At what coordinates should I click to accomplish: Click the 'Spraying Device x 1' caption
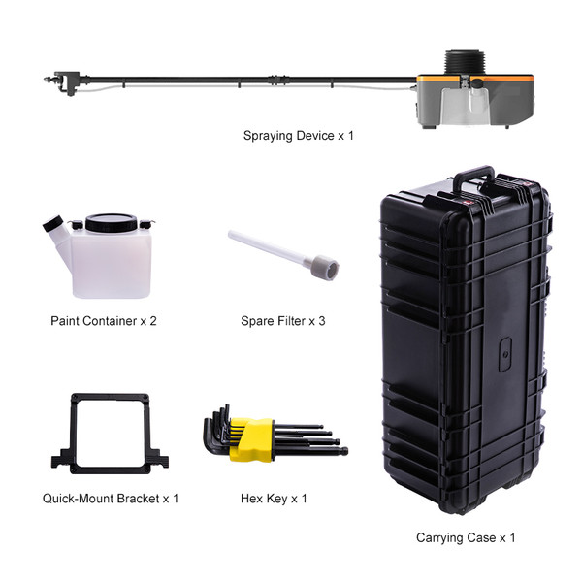point(298,136)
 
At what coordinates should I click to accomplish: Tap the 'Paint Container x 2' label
point(104,321)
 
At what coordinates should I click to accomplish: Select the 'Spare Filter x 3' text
point(283,321)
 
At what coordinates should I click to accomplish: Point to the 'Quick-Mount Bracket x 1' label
point(111,499)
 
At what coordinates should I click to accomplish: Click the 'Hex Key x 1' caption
point(274,499)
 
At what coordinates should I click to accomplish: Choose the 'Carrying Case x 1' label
point(466,537)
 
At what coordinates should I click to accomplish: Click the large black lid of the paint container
point(111,223)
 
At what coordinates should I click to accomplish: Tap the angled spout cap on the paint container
point(52,223)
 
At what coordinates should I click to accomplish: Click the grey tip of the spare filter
point(324,267)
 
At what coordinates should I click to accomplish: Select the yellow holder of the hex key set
point(252,439)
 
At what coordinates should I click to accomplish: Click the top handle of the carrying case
point(473,178)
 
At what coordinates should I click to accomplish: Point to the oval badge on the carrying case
point(504,354)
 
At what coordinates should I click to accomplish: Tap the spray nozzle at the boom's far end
point(50,80)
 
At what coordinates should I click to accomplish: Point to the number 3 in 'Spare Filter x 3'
point(322,321)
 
